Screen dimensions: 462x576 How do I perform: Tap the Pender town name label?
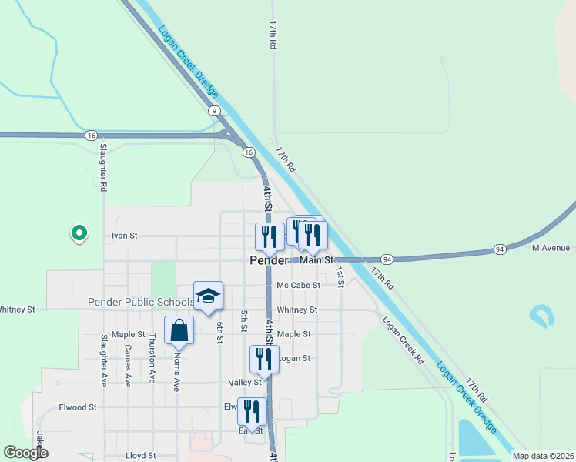[269, 261]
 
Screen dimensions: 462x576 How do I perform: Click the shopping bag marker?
[179, 331]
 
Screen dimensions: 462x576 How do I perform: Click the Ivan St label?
[124, 236]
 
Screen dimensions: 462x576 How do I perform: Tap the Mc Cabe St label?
[298, 286]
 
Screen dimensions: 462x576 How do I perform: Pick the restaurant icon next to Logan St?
[263, 359]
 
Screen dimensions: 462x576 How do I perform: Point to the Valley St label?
[245, 383]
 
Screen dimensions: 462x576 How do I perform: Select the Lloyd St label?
[141, 456]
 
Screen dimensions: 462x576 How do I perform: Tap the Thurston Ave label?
[152, 360]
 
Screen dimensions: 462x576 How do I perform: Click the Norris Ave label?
[176, 372]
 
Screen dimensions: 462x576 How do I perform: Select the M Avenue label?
[551, 248]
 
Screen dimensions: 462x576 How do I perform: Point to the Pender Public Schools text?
[141, 302]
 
